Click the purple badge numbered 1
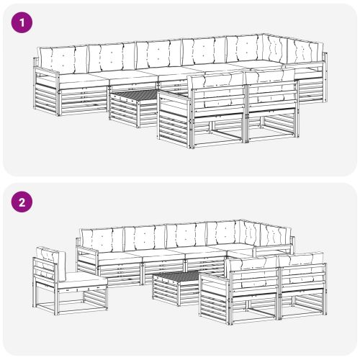pos(22,22)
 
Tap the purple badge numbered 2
pos(22,202)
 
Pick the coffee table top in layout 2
pos(176,276)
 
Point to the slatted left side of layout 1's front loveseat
pos(173,123)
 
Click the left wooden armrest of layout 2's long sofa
pos(87,250)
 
